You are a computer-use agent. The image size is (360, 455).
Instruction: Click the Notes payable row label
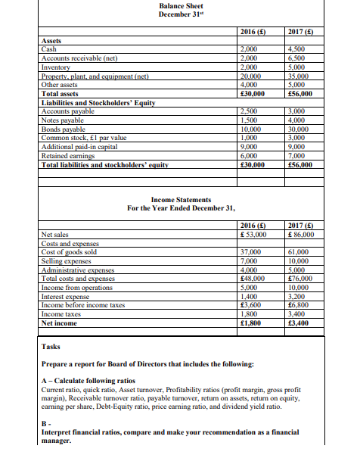[61, 117]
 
